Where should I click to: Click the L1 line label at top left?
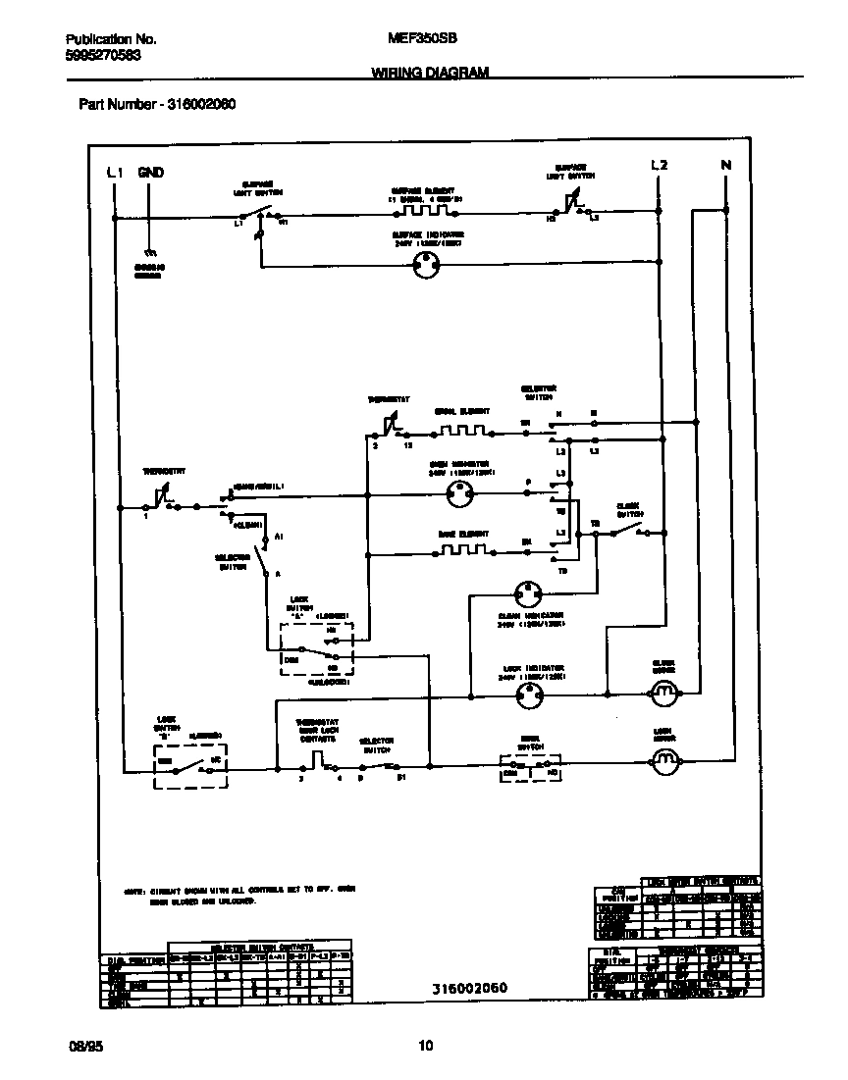(x=115, y=173)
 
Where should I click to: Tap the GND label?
(x=150, y=173)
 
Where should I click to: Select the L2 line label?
(x=660, y=165)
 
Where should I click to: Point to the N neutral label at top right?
(x=726, y=165)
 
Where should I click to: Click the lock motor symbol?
(x=666, y=758)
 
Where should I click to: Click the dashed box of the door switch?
(x=530, y=768)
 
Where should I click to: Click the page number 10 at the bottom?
(x=424, y=1046)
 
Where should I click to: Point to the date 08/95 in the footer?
(x=84, y=1046)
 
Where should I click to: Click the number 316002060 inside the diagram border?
(x=470, y=988)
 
